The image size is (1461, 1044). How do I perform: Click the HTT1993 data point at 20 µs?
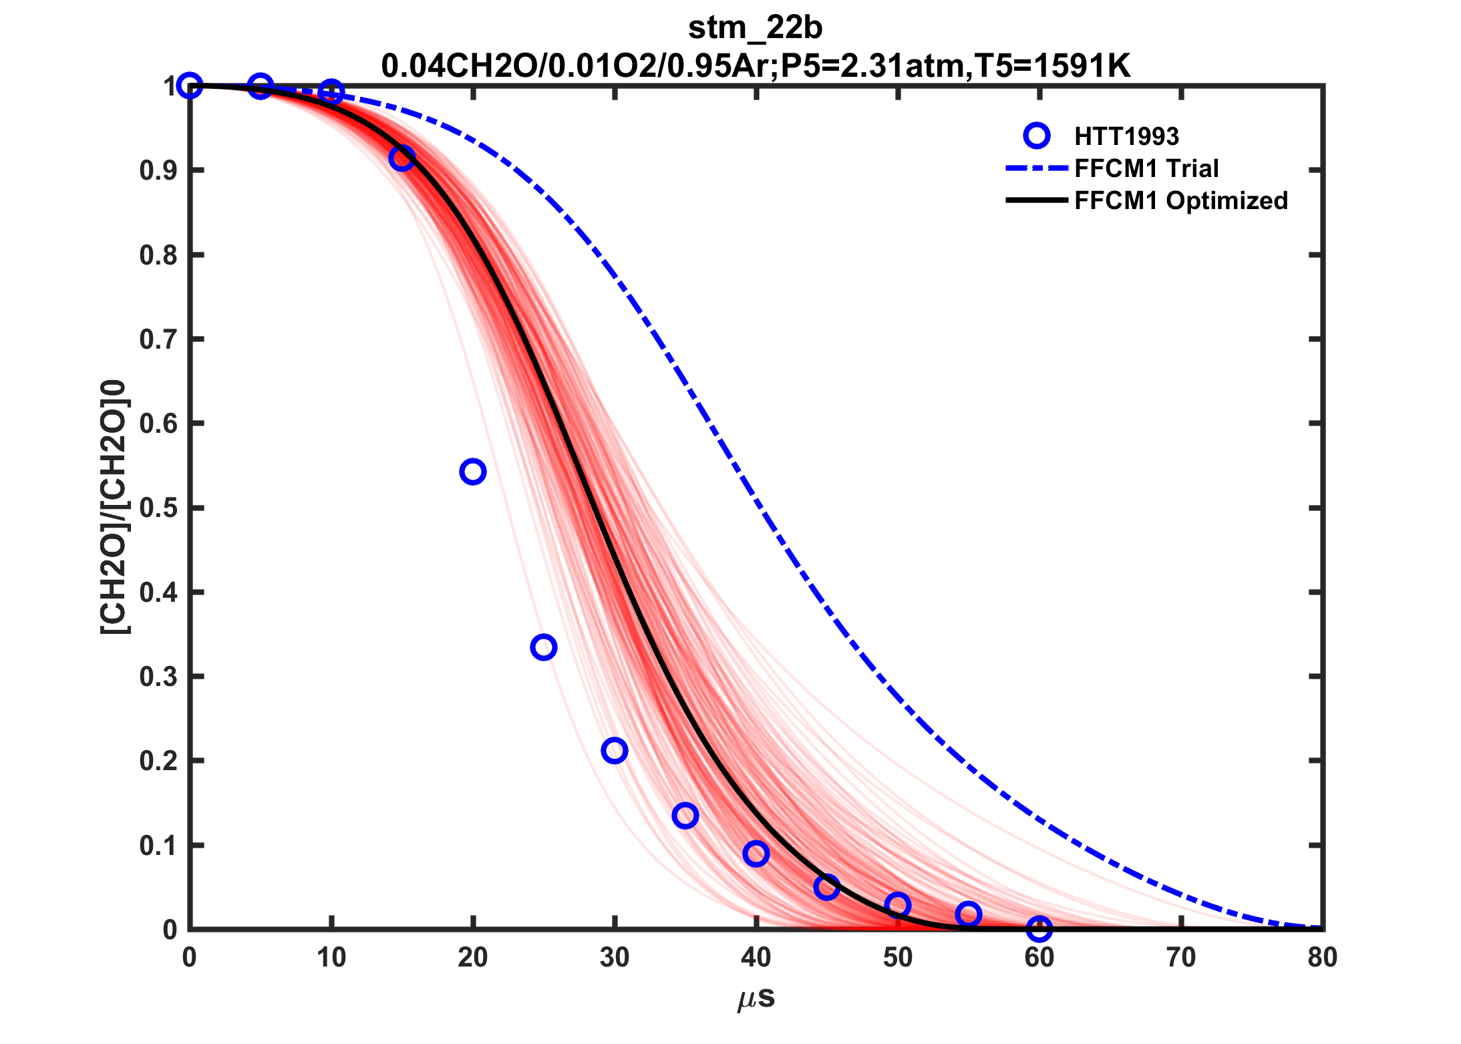[x=472, y=472]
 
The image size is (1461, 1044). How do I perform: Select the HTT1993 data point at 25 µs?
[x=544, y=647]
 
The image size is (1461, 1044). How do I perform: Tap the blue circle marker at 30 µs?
[x=614, y=750]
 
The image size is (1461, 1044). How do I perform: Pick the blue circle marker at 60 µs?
[x=1039, y=928]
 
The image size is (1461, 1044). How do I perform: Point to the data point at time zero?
[x=190, y=85]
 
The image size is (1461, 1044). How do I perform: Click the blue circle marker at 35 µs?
[x=685, y=815]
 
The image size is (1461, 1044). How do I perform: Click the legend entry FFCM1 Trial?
[x=1146, y=168]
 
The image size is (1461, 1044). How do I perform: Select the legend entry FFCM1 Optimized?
[x=1180, y=200]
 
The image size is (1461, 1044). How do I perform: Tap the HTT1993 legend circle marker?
[x=1036, y=136]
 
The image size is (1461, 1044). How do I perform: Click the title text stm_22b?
[x=755, y=28]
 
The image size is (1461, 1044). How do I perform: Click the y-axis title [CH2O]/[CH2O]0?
[x=115, y=508]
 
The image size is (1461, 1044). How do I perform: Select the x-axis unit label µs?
[x=756, y=998]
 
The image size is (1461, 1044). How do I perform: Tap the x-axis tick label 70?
[x=1180, y=958]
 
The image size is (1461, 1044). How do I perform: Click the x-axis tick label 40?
[x=756, y=958]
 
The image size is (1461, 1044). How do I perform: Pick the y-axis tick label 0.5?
[x=158, y=508]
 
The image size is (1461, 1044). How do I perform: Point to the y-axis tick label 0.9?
[x=158, y=171]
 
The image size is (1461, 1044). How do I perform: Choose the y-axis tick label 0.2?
[x=158, y=761]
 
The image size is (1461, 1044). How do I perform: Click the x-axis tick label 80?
[x=1322, y=958]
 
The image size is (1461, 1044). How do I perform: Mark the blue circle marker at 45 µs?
[x=826, y=887]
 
